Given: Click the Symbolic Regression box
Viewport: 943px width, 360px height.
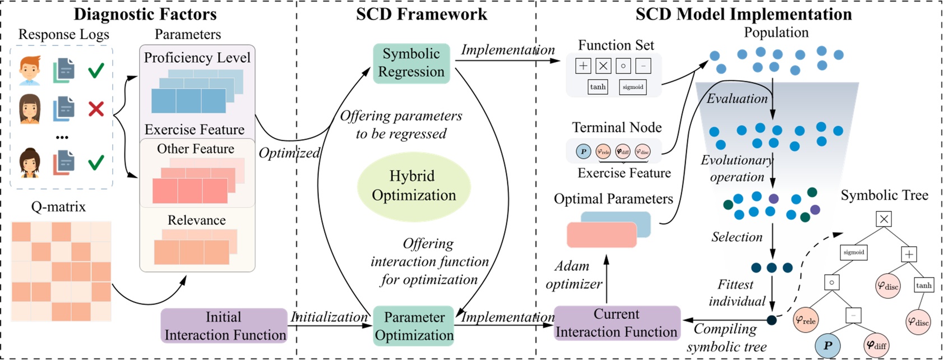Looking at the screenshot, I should (x=411, y=63).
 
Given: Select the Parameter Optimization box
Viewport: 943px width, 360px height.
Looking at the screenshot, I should (x=414, y=326).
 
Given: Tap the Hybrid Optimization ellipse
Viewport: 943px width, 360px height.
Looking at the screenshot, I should (x=413, y=186).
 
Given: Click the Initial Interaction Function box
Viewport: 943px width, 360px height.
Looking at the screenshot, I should (x=224, y=326).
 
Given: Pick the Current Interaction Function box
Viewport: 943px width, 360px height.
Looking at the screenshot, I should (x=616, y=323).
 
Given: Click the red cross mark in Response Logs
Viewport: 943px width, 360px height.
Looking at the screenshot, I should (x=96, y=108).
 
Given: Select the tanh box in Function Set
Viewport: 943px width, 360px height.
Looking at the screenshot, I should (x=598, y=87).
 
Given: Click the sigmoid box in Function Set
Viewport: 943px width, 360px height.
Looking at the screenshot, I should (x=633, y=87).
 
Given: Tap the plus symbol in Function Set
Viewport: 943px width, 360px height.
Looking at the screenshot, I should (x=583, y=66).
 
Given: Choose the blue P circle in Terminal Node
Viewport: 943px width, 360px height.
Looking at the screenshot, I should (x=584, y=151).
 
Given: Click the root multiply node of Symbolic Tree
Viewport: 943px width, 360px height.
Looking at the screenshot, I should (x=884, y=219).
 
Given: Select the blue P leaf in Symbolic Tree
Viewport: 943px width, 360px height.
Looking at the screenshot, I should (x=828, y=345).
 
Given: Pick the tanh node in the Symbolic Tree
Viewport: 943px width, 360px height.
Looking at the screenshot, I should (x=923, y=285).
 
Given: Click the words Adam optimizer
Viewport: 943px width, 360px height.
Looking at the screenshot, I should (x=573, y=275).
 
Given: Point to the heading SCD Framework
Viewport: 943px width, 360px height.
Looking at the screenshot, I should (x=421, y=14).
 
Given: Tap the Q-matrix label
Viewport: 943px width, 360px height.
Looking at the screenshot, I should (x=58, y=207).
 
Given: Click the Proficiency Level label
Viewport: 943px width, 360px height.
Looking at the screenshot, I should (x=197, y=58).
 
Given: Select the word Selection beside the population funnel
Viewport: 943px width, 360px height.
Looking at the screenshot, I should (x=737, y=237).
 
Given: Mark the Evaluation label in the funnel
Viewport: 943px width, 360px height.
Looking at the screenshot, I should (x=737, y=99).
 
